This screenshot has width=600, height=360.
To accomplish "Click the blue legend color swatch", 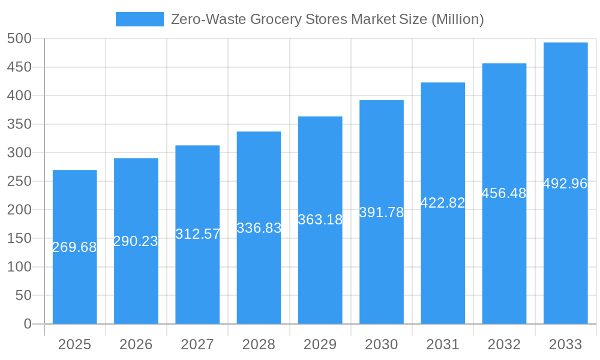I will (139, 19).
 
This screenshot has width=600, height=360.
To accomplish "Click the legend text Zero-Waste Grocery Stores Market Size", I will (327, 19).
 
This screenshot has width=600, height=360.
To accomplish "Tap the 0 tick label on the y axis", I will (27, 324).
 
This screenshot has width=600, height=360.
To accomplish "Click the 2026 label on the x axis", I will (136, 344).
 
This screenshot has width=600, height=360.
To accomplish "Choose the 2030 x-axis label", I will (381, 344).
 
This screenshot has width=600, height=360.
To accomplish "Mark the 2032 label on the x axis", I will (504, 344).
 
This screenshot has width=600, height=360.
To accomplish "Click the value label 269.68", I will (74, 247).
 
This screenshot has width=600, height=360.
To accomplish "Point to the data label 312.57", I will (197, 234).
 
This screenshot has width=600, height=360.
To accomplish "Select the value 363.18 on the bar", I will (320, 220).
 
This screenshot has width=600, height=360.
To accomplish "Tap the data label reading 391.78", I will (381, 212).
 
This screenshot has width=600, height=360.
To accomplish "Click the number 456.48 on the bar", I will (504, 193).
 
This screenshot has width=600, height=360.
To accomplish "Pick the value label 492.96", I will (565, 184).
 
